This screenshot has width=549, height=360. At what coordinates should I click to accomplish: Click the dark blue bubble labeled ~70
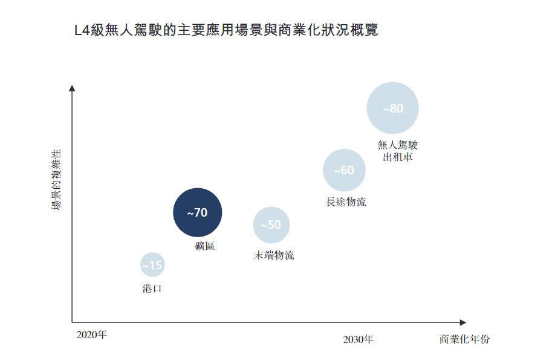pyautogui.click(x=198, y=213)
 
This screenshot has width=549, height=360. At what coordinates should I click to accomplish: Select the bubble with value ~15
pyautogui.click(x=152, y=265)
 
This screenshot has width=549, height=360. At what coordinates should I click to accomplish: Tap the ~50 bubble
pyautogui.click(x=271, y=225)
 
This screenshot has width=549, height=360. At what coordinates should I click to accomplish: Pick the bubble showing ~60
pyautogui.click(x=344, y=171)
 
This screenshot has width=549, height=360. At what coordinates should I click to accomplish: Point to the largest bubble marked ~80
pyautogui.click(x=392, y=109)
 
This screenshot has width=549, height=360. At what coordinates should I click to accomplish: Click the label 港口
pyautogui.click(x=152, y=289)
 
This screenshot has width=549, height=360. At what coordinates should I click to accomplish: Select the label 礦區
pyautogui.click(x=205, y=246)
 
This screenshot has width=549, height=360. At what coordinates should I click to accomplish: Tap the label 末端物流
pyautogui.click(x=274, y=255)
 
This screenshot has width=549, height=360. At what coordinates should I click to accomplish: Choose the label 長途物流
pyautogui.click(x=346, y=202)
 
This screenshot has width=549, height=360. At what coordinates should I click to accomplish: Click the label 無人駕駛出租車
pyautogui.click(x=397, y=151)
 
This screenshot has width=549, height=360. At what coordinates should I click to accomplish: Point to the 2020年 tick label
pyautogui.click(x=92, y=335)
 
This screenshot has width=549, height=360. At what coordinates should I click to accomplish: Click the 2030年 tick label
pyautogui.click(x=358, y=339)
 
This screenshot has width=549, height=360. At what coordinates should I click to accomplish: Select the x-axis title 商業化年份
pyautogui.click(x=464, y=339)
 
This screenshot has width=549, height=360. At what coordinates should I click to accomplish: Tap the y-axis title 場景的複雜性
pyautogui.click(x=56, y=180)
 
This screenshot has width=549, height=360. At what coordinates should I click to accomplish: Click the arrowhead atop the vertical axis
pyautogui.click(x=72, y=88)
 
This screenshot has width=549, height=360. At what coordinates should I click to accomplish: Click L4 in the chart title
pyautogui.click(x=80, y=30)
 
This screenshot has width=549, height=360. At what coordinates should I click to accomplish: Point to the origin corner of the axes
pyautogui.click(x=72, y=322)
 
